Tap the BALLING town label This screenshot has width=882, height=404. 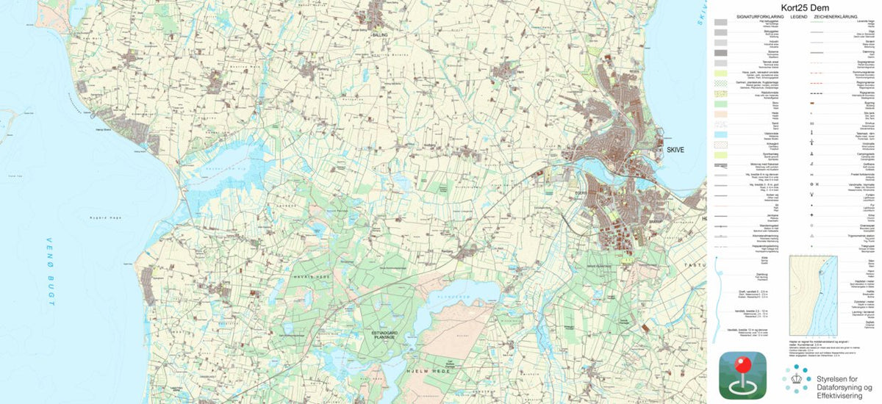(x=380, y=35)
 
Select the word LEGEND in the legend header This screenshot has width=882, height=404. (x=799, y=15)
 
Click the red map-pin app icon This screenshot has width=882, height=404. (x=742, y=375)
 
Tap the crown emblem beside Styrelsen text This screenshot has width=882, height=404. (x=796, y=378)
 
